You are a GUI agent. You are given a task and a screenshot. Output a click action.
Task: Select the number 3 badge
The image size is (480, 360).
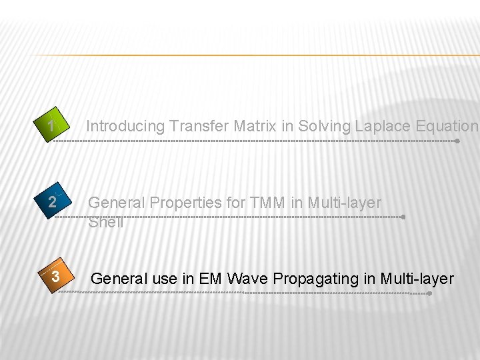pos(56,277)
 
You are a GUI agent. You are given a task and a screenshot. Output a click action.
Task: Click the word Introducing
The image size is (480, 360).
pos(125,126)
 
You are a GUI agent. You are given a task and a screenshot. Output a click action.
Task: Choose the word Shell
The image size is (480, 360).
pos(106,222)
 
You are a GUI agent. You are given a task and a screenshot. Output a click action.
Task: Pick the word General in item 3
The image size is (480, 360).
pos(119,279)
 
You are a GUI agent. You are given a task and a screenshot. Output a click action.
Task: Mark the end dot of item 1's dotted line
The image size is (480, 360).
pos(457,141)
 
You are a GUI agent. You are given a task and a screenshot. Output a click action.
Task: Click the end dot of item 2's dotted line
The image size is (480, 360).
pos(403,217)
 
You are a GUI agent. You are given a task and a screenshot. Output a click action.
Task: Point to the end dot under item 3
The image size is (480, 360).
pos(430,293)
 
